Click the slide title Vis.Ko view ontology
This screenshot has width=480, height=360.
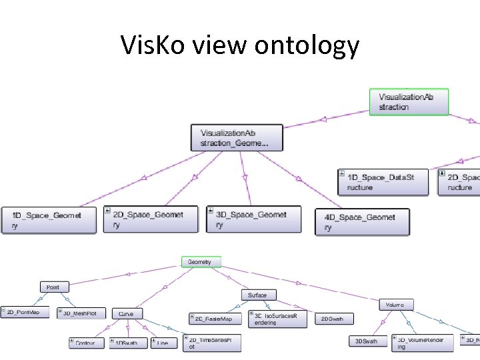[240, 45]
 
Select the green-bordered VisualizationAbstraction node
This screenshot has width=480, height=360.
[409, 102]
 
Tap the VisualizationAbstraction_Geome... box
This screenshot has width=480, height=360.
[237, 138]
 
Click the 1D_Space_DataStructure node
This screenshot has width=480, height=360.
[383, 182]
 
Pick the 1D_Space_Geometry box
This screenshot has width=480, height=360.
[48, 220]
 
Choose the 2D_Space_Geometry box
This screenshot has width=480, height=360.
[151, 219]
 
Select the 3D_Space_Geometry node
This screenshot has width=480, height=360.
[253, 219]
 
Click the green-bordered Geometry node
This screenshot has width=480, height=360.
[199, 262]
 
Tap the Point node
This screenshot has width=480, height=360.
[53, 287]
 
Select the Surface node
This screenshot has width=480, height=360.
[257, 295]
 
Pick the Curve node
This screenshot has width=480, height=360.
[126, 313]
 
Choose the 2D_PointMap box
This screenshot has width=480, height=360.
[25, 312]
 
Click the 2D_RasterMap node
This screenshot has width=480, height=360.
[214, 319]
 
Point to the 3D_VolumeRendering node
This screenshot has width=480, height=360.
[422, 343]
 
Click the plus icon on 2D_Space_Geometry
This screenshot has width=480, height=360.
[107, 211]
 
